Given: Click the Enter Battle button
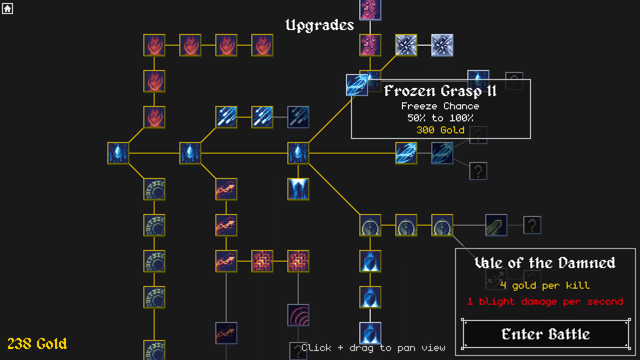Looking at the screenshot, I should tap(546, 334).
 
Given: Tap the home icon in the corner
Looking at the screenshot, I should tap(7, 8).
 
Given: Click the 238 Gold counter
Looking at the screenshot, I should tap(37, 344).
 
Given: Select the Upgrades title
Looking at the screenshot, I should tap(320, 25).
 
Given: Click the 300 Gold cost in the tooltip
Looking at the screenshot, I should tap(440, 130).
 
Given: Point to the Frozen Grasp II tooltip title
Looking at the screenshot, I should tap(440, 91).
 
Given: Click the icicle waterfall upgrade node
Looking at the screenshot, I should tap(298, 189).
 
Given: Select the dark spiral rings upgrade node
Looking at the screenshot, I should tap(298, 315).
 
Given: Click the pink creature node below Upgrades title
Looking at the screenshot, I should tap(370, 45).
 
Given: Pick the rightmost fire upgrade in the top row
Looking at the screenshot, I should tap(262, 45).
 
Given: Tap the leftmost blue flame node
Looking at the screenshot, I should tap(118, 153).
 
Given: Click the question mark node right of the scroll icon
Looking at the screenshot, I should tap(532, 225).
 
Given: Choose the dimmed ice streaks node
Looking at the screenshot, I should tap(298, 117).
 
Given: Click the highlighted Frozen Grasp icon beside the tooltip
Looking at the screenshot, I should tap(357, 85).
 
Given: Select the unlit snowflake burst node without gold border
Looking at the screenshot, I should tap(442, 45).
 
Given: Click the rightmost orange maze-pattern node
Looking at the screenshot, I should tap(298, 261).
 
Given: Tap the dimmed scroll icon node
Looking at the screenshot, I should tap(496, 225).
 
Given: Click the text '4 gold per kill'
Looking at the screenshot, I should tap(545, 285).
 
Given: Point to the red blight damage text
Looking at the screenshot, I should tap(545, 301).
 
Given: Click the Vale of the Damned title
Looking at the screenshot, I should tap(545, 263).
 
